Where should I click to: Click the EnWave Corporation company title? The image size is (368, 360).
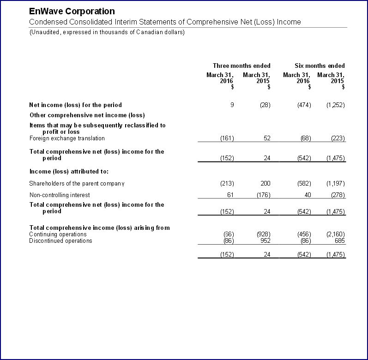coord(72,11)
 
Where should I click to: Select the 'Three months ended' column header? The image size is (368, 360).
coord(241,66)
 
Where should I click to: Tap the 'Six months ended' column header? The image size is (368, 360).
coord(320,66)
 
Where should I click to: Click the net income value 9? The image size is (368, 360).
coord(232,105)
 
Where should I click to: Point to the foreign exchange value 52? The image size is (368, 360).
coord(267,138)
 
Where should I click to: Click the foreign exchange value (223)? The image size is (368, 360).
coord(338,138)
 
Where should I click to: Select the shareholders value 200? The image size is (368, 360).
coord(265,183)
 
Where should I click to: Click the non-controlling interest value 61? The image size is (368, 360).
coord(230,195)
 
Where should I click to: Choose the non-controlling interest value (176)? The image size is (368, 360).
coord(263,195)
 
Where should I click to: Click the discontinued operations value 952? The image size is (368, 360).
coord(265,240)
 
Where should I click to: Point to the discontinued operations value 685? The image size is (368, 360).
coord(340,240)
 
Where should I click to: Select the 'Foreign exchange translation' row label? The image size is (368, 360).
coord(67,138)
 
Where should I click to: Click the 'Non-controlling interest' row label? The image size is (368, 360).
coord(60,195)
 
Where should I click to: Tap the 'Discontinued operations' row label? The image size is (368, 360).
coord(60,240)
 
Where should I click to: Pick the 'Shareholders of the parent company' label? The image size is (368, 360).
coord(77,183)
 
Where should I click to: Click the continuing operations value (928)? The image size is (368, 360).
coord(263,234)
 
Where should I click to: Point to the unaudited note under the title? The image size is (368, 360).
coord(107,32)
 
